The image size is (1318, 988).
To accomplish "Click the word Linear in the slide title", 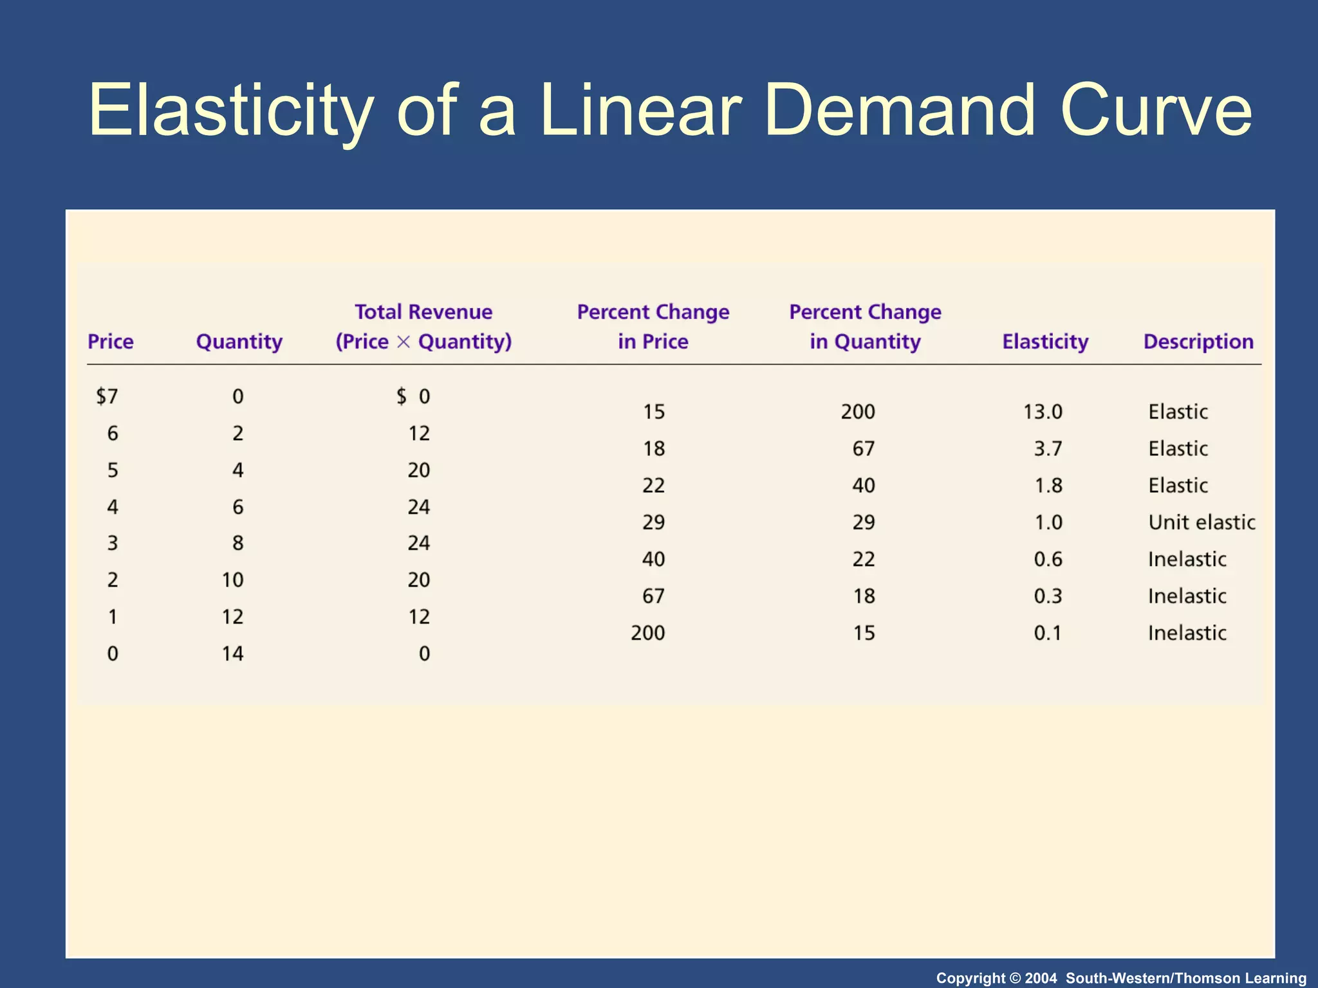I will click(640, 111).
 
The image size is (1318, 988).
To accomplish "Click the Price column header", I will click(111, 342).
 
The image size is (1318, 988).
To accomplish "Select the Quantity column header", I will click(239, 342).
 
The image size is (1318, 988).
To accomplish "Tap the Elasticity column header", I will click(1045, 342).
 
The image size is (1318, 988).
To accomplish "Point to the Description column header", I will click(1198, 342).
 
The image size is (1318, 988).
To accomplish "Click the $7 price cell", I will click(107, 396).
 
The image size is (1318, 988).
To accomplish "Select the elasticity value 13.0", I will click(1043, 412).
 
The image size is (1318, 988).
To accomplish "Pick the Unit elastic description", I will click(1202, 522).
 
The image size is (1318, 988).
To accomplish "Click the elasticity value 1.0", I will click(1048, 522).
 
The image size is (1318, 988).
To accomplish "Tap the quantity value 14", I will click(232, 654).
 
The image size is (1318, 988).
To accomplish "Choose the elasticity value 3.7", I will click(1048, 448).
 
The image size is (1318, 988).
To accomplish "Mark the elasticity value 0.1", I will click(1047, 633).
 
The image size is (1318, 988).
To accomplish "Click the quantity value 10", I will click(232, 580).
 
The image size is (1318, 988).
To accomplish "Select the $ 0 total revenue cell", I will click(413, 396).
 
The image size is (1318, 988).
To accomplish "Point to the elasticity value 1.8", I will click(1048, 486).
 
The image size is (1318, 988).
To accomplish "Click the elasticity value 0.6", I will click(1048, 560).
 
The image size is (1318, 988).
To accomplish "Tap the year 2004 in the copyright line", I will click(1041, 978).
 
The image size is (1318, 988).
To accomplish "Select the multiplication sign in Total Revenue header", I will click(404, 342).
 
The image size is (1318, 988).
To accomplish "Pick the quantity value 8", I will click(237, 544).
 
